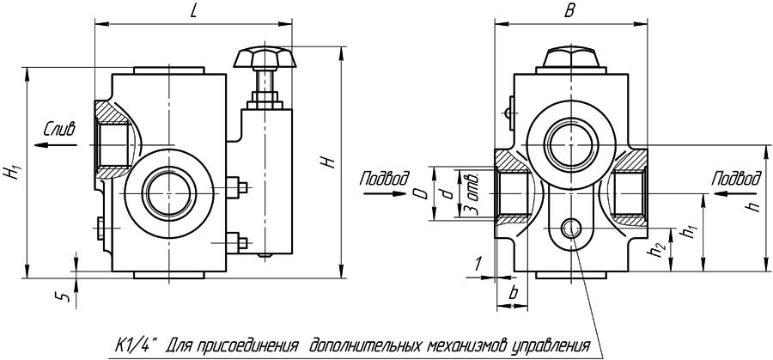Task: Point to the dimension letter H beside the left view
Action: [329, 163]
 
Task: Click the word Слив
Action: [59, 130]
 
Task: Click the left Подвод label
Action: [380, 179]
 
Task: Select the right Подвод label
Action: [737, 179]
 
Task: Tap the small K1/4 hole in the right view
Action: [569, 228]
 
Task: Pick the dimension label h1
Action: [686, 232]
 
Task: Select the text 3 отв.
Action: [470, 193]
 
